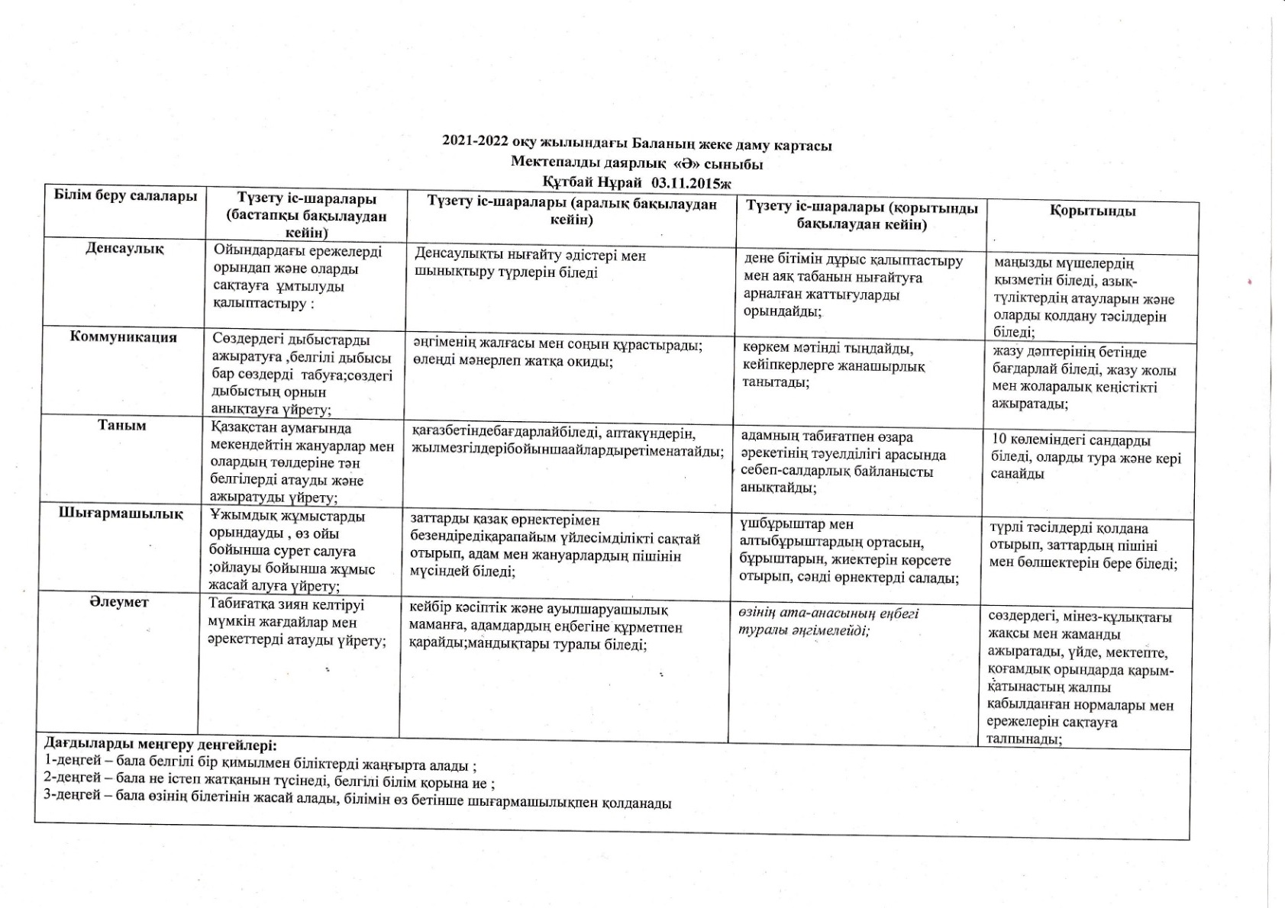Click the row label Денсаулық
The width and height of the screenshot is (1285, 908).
click(124, 249)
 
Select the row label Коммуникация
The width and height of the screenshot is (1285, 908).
click(124, 337)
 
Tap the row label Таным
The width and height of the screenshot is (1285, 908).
click(122, 426)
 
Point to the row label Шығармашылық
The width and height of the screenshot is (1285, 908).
click(121, 514)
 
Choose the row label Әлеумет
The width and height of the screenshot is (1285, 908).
click(119, 602)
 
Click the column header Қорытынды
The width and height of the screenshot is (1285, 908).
click(1092, 211)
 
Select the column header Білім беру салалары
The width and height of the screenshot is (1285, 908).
click(125, 196)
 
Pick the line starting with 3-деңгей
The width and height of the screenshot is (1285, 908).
click(357, 803)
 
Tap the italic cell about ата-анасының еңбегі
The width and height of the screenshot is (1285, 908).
click(828, 621)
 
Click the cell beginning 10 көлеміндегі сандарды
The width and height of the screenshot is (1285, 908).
click(1085, 457)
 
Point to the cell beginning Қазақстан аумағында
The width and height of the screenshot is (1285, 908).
click(302, 463)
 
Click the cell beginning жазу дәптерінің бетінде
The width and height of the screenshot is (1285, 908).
click(1083, 378)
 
